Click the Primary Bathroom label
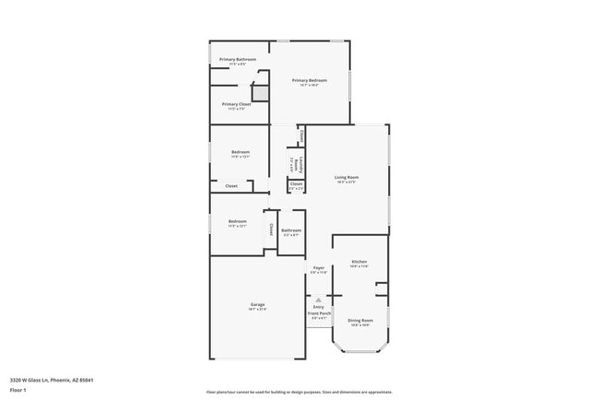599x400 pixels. coord(238,59)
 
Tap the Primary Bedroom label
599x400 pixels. coord(311,80)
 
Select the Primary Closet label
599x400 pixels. coord(237,104)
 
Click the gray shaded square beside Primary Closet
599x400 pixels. coord(261,92)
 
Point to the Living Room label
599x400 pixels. coord(346,177)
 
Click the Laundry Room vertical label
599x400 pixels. coord(299,166)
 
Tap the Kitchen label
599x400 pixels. coord(359,262)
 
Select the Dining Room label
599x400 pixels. coord(359,321)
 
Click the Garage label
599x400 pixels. coord(257,304)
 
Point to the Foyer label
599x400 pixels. coord(318,267)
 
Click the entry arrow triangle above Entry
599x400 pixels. coord(318,300)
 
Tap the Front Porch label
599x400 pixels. coord(318,313)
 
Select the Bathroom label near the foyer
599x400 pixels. coord(291,230)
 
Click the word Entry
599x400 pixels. coord(318,307)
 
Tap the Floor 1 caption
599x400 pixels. coord(19,390)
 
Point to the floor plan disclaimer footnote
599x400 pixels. coord(299,392)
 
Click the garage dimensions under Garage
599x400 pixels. coord(257,310)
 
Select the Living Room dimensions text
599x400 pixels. coord(346,182)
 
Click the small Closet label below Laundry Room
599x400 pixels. coord(296,183)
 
